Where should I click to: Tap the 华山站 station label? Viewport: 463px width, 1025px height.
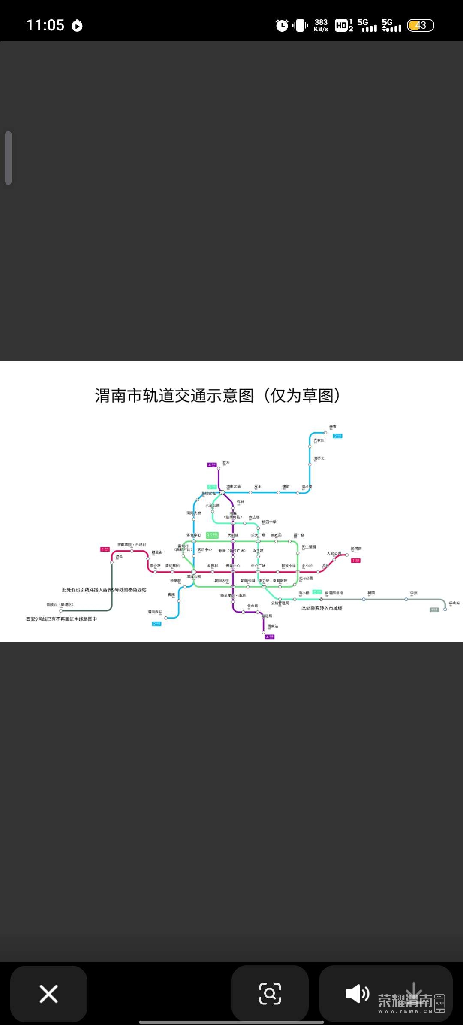click(454, 603)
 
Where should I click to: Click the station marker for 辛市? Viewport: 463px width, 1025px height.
click(325, 433)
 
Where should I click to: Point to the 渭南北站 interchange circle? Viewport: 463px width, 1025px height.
click(222, 492)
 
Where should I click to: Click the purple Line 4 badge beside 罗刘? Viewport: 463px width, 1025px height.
click(212, 465)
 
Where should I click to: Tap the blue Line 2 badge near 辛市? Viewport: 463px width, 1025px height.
click(338, 436)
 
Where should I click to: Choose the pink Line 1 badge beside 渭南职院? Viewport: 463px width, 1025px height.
click(105, 549)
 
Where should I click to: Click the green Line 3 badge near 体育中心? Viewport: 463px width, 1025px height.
click(212, 535)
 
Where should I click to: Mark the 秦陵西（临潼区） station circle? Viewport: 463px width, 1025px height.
click(61, 610)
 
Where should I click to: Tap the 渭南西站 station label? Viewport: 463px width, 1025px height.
click(155, 612)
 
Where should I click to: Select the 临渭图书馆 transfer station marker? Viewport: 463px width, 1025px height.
click(321, 599)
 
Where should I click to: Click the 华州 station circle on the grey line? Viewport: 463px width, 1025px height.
click(406, 599)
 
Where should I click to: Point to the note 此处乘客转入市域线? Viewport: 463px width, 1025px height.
click(322, 608)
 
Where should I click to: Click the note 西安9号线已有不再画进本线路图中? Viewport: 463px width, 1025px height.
click(61, 619)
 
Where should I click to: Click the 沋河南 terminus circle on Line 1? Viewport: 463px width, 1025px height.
click(347, 555)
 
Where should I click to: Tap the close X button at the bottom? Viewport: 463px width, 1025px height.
click(49, 994)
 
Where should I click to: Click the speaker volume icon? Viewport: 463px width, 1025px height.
click(357, 994)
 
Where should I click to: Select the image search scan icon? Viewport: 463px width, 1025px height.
click(270, 994)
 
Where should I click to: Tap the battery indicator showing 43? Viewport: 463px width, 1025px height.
click(421, 26)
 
